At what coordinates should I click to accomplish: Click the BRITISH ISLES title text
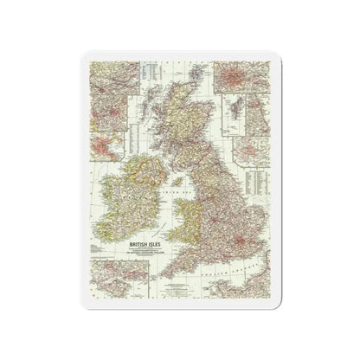[x=121, y=246]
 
